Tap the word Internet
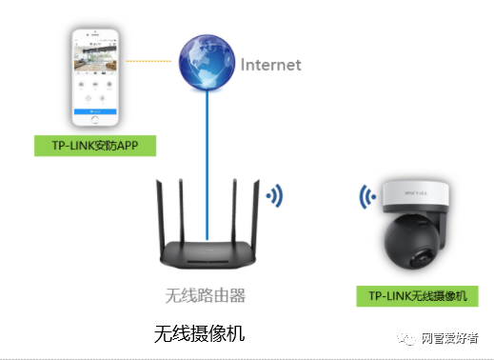pos(270,65)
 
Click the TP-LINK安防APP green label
pos(94,145)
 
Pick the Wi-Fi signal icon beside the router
pos(275,197)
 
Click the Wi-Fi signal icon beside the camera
pos(366,197)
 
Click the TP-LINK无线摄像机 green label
pos(416,296)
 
